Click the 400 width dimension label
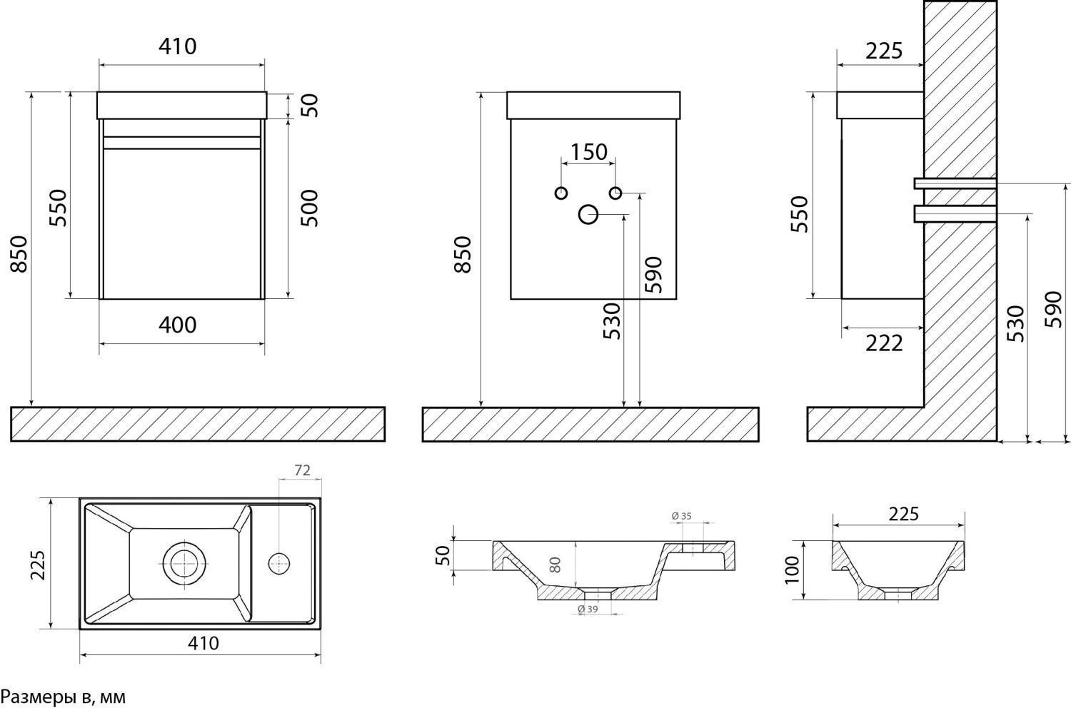(x=177, y=325)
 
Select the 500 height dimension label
(x=308, y=208)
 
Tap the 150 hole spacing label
(x=588, y=152)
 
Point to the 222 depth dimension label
(x=884, y=343)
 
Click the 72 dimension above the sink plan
(x=302, y=470)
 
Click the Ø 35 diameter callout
(x=682, y=515)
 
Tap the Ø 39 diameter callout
(x=587, y=608)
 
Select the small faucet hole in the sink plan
(x=278, y=562)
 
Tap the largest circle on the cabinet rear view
(x=588, y=214)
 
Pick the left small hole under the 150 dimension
(x=561, y=193)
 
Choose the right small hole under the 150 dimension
(x=615, y=193)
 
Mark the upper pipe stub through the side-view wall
(x=955, y=183)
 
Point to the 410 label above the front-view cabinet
(x=177, y=47)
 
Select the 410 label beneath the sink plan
(x=203, y=643)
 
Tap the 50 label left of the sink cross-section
(x=443, y=555)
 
